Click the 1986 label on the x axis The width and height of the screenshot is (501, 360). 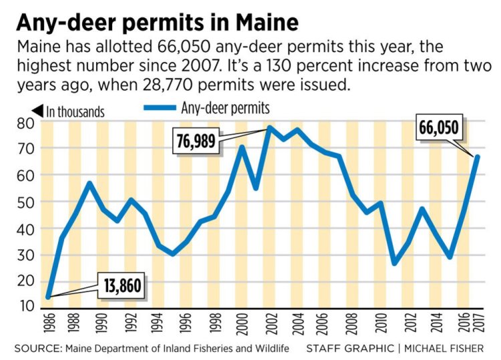pos(47,327)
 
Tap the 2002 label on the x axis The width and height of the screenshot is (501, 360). pos(271,327)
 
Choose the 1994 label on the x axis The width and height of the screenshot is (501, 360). pos(159,327)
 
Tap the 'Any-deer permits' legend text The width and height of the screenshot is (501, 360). pos(225,108)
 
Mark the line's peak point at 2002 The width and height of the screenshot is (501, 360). pos(270,127)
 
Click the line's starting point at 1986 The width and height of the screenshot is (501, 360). pos(47,297)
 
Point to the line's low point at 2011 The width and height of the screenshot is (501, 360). pos(395,263)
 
